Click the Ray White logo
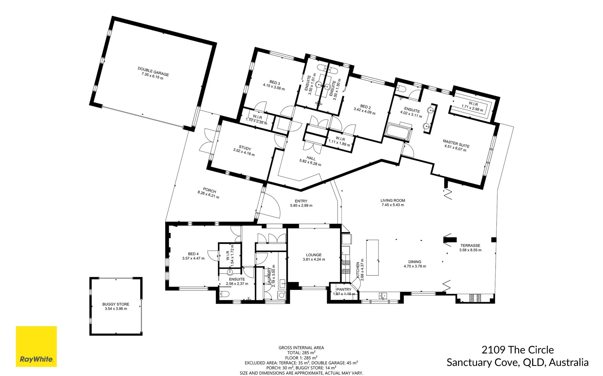coord(36,346)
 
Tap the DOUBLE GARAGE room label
coord(153,71)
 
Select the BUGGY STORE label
coord(116,304)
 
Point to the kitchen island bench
coord(372,257)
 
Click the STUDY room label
coord(245,148)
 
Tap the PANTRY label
coord(344,289)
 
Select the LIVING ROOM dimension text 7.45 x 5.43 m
coord(393,205)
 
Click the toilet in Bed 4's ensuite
coord(223,295)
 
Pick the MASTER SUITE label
coord(456,143)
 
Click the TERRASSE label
coord(470,245)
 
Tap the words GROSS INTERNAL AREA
coord(301,347)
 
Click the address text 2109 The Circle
coord(518,350)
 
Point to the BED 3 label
coord(274,83)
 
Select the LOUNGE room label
coord(314,255)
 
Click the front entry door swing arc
coord(274,205)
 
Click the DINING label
coord(415,262)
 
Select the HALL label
coord(311,158)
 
